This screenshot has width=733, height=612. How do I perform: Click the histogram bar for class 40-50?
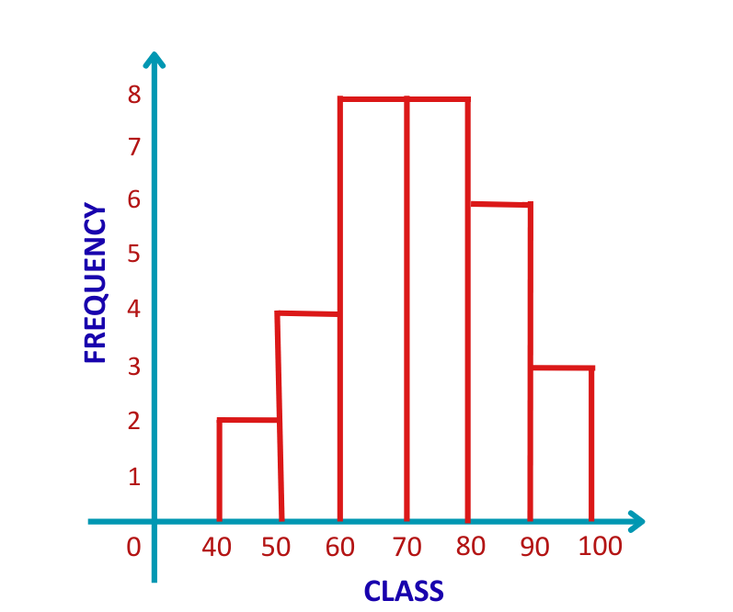249,470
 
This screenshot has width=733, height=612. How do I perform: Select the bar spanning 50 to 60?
309,417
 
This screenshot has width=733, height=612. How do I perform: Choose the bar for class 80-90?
499,362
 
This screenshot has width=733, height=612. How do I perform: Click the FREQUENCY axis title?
96,283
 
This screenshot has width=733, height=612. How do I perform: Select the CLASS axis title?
404,591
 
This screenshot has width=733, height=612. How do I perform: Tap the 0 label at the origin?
133,548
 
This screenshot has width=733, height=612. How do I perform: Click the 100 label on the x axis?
601,547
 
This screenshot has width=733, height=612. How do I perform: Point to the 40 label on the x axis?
217,548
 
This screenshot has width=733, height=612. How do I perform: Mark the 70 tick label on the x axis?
407,548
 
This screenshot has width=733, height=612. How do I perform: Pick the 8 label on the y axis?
134,95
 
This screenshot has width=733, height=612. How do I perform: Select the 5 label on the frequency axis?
134,255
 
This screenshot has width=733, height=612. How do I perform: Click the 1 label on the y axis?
134,476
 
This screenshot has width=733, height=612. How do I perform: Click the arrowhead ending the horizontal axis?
635,522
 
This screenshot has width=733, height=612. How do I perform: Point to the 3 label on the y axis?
134,366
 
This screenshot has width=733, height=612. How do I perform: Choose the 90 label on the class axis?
534,548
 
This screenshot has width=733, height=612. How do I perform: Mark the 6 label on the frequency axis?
134,199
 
